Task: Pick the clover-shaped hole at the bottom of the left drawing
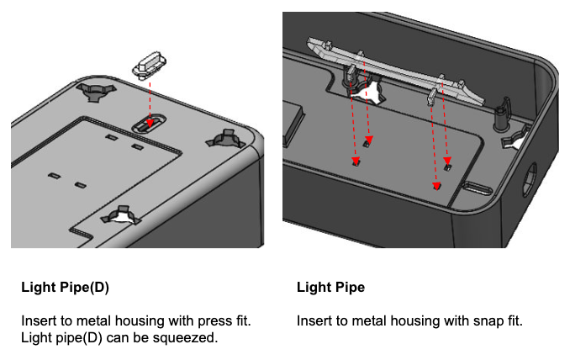(120, 217)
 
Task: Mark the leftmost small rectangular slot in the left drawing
(52, 175)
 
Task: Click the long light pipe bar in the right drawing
(395, 72)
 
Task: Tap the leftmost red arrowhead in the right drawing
(355, 161)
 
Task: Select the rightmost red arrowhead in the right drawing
(447, 168)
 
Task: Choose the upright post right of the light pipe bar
(503, 113)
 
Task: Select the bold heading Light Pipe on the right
(330, 288)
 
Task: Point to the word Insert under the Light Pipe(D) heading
(38, 321)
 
